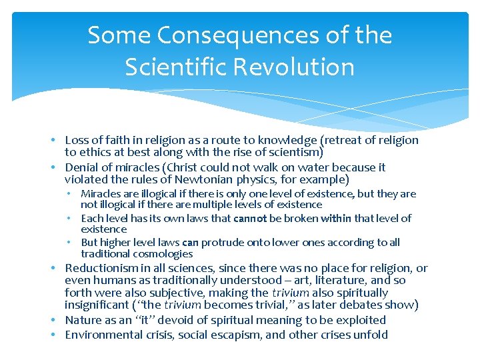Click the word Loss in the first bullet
(77, 140)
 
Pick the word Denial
(82, 167)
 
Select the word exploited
(361, 320)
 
